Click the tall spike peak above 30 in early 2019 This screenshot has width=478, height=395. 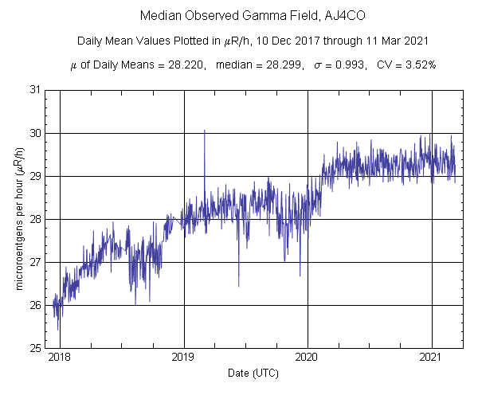pyautogui.click(x=204, y=131)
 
